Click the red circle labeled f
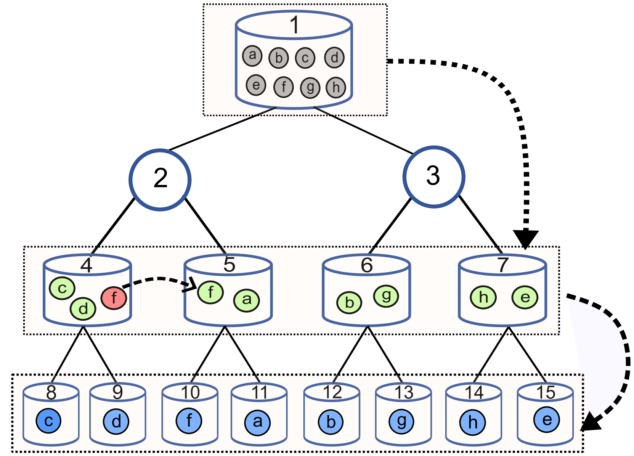(114, 298)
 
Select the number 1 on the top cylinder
(294, 25)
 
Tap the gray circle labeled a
(252, 55)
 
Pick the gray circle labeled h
(335, 87)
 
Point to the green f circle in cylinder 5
(210, 292)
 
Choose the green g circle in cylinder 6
(386, 296)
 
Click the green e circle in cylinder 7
(525, 297)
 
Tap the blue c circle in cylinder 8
(48, 421)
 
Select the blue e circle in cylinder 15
(546, 420)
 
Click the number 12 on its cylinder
(332, 392)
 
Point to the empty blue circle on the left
(160, 180)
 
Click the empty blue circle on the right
(434, 177)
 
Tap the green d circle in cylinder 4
(83, 309)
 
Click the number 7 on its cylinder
(503, 265)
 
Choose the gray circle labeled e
(256, 85)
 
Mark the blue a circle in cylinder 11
(258, 422)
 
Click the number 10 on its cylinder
(190, 392)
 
